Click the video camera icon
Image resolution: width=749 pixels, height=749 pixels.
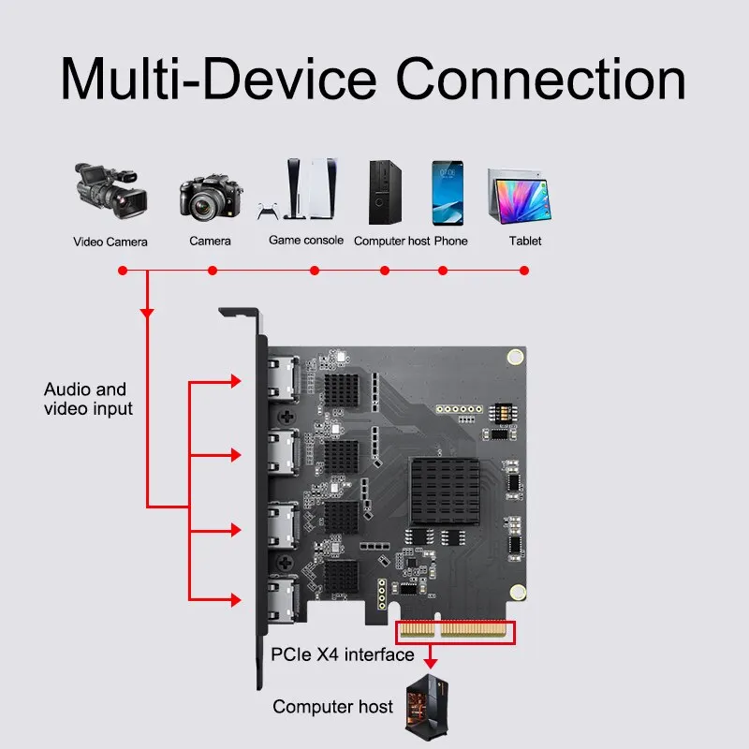(110, 191)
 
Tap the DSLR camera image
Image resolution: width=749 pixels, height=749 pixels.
(211, 196)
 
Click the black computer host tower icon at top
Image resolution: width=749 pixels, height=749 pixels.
(385, 191)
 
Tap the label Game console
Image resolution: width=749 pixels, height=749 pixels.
(306, 241)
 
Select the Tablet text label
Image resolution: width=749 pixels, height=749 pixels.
(525, 241)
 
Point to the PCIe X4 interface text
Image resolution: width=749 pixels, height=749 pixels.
(342, 654)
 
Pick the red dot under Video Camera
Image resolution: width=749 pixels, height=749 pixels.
(122, 271)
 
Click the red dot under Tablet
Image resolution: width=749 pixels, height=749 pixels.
(524, 271)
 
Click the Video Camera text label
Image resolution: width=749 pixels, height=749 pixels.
(110, 242)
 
